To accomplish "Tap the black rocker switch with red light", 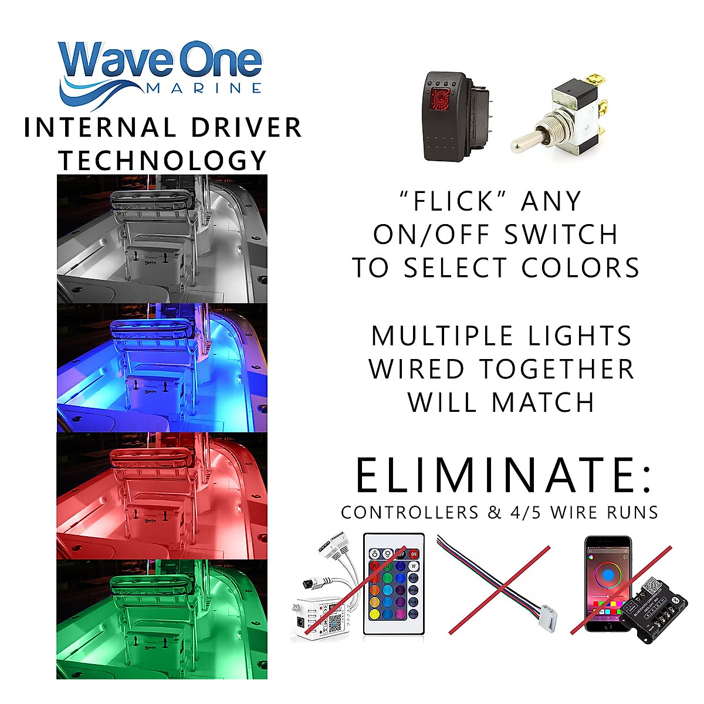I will [x=449, y=116].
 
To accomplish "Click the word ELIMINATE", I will [x=503, y=475].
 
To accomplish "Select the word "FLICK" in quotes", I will [x=453, y=201].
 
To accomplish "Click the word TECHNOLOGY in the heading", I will [x=163, y=161].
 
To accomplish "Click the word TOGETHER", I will [x=557, y=370].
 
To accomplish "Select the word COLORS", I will [x=581, y=268].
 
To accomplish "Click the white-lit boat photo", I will [x=162, y=239].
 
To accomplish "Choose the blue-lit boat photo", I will [x=162, y=368].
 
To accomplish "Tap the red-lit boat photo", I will [x=162, y=496].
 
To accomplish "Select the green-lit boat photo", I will [x=162, y=619].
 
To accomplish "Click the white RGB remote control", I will [x=393, y=584].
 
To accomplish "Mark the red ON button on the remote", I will [x=414, y=553].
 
